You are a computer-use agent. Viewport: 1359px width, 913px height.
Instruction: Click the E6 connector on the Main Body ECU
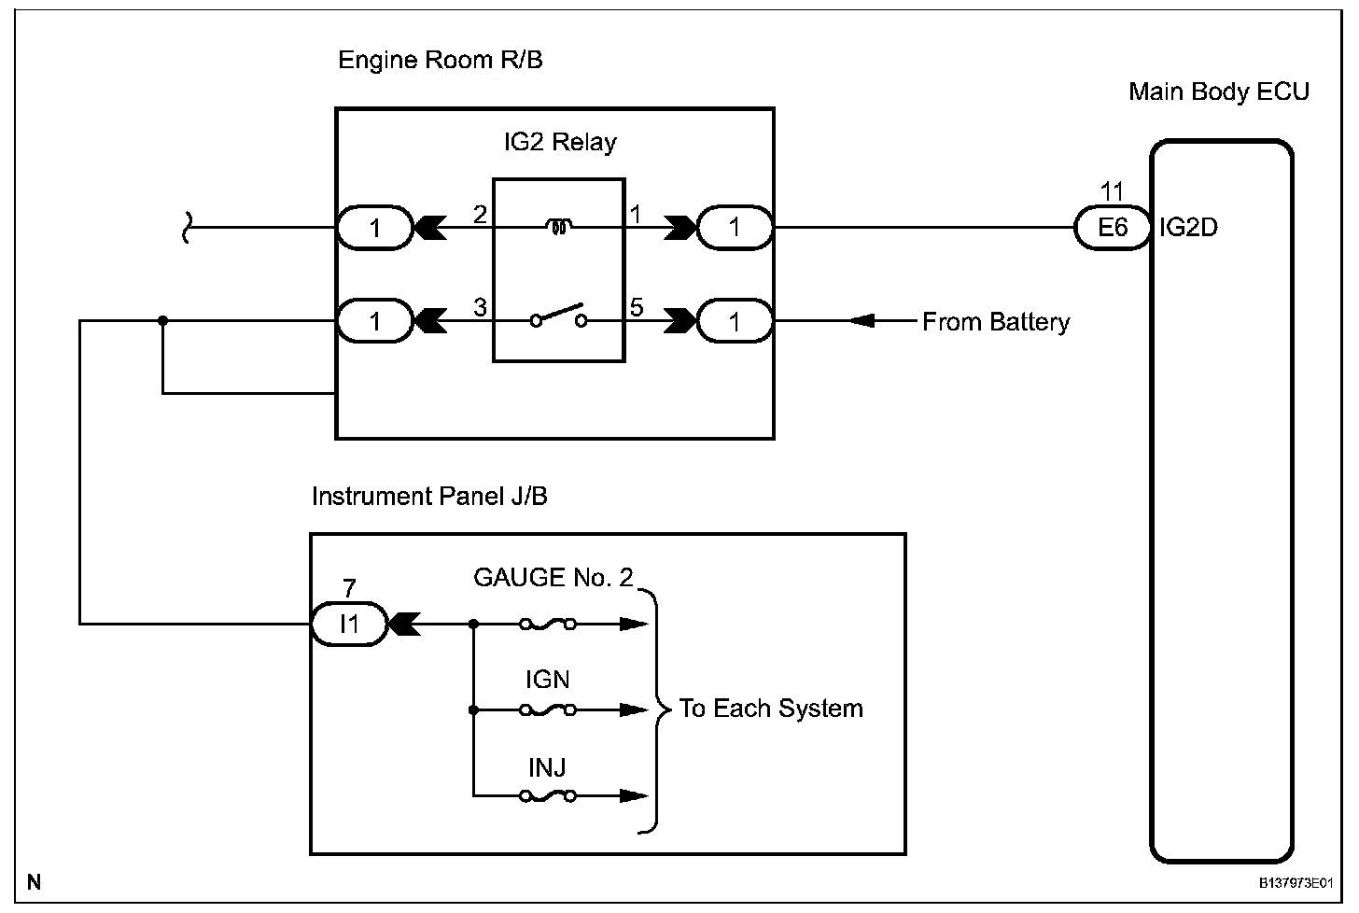[x=1112, y=227]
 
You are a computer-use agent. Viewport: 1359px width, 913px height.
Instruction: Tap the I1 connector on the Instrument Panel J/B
[x=349, y=623]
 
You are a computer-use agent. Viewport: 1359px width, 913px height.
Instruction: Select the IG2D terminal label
[x=1188, y=227]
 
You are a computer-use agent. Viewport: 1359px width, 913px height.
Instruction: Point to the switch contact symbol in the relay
[x=558, y=316]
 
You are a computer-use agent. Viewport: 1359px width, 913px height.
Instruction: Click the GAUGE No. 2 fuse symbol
[x=548, y=624]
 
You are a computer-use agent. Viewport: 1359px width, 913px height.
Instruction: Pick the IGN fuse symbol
[x=548, y=710]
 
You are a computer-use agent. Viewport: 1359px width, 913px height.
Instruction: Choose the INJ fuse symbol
[x=548, y=796]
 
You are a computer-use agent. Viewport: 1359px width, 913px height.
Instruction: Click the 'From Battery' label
[x=995, y=322]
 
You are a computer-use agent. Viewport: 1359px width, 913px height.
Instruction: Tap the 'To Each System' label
[x=770, y=709]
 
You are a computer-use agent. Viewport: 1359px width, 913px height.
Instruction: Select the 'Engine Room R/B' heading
[x=440, y=61]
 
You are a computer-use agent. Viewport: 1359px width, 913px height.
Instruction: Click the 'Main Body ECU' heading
[x=1218, y=91]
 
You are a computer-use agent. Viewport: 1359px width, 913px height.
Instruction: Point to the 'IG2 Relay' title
[x=559, y=143]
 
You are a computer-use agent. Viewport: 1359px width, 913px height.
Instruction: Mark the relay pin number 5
[x=637, y=307]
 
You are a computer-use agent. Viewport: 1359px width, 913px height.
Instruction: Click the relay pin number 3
[x=480, y=307]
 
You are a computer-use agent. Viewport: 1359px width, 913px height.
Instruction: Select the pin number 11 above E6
[x=1112, y=192]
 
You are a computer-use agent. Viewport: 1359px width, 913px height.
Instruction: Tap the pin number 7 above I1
[x=349, y=588]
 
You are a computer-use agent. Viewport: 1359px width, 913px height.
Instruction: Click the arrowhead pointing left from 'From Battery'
[x=862, y=321]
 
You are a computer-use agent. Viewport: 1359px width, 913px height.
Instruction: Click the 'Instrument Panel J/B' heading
[x=429, y=497]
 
